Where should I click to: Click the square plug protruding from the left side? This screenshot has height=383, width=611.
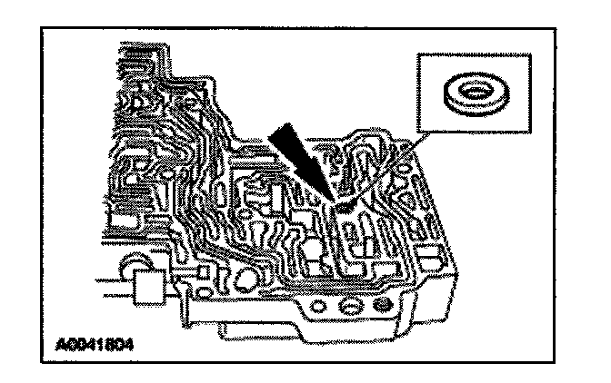[x=148, y=290]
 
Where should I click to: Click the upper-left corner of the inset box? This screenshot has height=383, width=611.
[x=416, y=53]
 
